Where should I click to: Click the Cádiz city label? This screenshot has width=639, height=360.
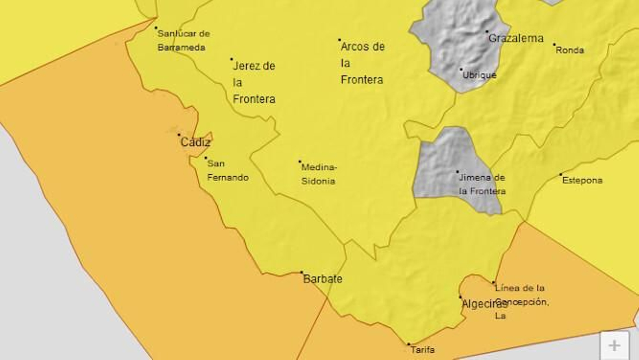point(195,142)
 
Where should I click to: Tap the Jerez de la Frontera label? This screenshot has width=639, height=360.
point(254,82)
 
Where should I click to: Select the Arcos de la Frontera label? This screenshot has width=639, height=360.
point(362,63)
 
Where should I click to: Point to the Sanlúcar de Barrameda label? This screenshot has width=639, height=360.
point(183,40)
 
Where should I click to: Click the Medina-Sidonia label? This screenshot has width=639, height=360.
point(319,174)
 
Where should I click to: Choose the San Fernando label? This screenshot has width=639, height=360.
point(227,170)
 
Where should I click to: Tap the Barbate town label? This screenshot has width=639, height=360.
point(323,279)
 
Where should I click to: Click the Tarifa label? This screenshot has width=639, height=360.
point(423,350)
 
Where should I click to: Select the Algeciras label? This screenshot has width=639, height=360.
point(484,304)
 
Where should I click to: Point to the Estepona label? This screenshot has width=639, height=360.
point(582,180)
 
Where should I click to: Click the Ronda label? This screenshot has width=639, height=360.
point(570,50)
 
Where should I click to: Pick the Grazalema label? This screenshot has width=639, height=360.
point(516,38)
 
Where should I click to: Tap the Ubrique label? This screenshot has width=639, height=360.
point(479,75)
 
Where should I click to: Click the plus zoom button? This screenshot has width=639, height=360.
point(614,346)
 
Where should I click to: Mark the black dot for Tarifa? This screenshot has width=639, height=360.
point(409,344)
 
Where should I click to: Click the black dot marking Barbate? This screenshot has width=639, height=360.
point(302,272)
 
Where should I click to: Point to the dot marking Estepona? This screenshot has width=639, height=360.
point(561,174)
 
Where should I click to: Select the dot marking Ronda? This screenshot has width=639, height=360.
point(554,44)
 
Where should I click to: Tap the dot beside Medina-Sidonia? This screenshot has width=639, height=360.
point(300,162)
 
